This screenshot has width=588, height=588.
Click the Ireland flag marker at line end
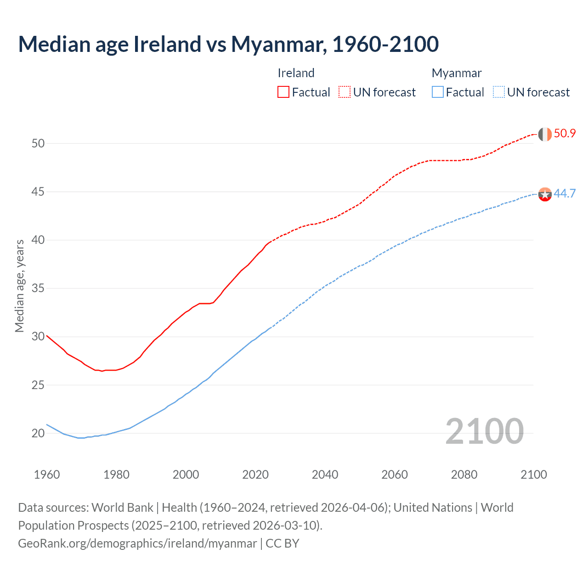pyautogui.click(x=544, y=134)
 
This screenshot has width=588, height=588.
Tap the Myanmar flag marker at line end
pyautogui.click(x=544, y=194)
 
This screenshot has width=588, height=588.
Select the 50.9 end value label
pyautogui.click(x=565, y=134)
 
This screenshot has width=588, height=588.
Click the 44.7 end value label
pyautogui.click(x=565, y=194)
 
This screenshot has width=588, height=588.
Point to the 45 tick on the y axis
pyautogui.click(x=38, y=192)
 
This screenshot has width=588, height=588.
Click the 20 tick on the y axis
pyautogui.click(x=38, y=433)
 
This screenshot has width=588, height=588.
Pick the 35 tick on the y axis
pyautogui.click(x=38, y=288)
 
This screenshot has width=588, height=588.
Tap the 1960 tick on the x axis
pyautogui.click(x=47, y=475)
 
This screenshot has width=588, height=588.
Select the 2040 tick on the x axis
pyautogui.click(x=325, y=475)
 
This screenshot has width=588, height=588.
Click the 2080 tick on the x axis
pyautogui.click(x=464, y=475)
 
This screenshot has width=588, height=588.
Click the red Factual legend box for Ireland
pyautogui.click(x=283, y=92)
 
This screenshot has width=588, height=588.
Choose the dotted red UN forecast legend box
pyautogui.click(x=345, y=92)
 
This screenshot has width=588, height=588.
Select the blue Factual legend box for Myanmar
pyautogui.click(x=438, y=92)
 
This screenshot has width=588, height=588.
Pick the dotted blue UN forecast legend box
pyautogui.click(x=498, y=92)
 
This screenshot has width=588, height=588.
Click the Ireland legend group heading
pyautogui.click(x=296, y=73)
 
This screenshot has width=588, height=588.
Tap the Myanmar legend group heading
pyautogui.click(x=457, y=73)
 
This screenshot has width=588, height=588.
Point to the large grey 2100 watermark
pyautogui.click(x=484, y=431)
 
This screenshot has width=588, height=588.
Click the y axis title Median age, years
pyautogui.click(x=19, y=286)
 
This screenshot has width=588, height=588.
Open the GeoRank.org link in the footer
pyautogui.click(x=137, y=543)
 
